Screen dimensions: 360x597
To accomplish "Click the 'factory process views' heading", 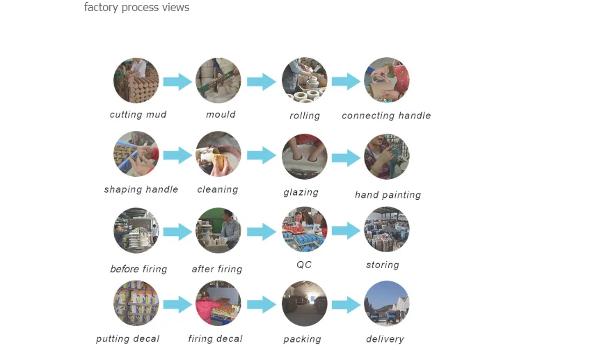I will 136,8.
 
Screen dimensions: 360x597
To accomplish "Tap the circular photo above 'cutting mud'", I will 136,81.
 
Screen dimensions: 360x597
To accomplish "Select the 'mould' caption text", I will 221,114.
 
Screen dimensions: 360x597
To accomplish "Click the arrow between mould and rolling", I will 262,81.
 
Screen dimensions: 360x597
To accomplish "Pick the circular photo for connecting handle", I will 387,81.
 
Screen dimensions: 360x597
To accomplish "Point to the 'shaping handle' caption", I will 141,189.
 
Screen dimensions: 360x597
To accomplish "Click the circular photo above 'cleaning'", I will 218,155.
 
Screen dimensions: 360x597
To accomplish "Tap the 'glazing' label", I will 301,192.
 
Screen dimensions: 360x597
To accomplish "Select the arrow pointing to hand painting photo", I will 346,158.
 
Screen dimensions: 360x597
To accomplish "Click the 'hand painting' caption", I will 388,195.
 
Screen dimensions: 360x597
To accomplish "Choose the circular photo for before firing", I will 136,230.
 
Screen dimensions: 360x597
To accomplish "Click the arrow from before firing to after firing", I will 177,231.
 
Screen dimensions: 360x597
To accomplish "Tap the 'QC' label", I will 304,265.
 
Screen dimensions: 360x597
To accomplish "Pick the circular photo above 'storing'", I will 387,230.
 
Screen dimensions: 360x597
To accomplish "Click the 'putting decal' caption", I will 128,339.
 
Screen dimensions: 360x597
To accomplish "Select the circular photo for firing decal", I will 218,304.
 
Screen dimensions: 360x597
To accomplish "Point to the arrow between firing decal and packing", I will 262,304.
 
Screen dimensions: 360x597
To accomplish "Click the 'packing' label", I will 302,339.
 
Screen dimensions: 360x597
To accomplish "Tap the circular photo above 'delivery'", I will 387,304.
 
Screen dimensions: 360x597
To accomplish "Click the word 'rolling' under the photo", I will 305,116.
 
